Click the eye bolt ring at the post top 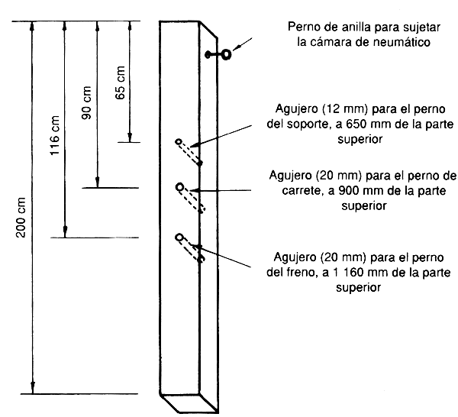pyautogui.click(x=226, y=55)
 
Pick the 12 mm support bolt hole pyautogui.click(x=179, y=142)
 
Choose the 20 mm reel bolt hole pyautogui.click(x=180, y=187)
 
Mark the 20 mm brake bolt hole pyautogui.click(x=179, y=238)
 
